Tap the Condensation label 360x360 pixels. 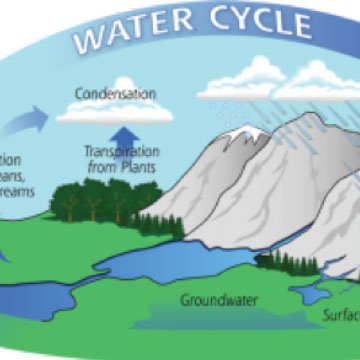click(117, 95)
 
